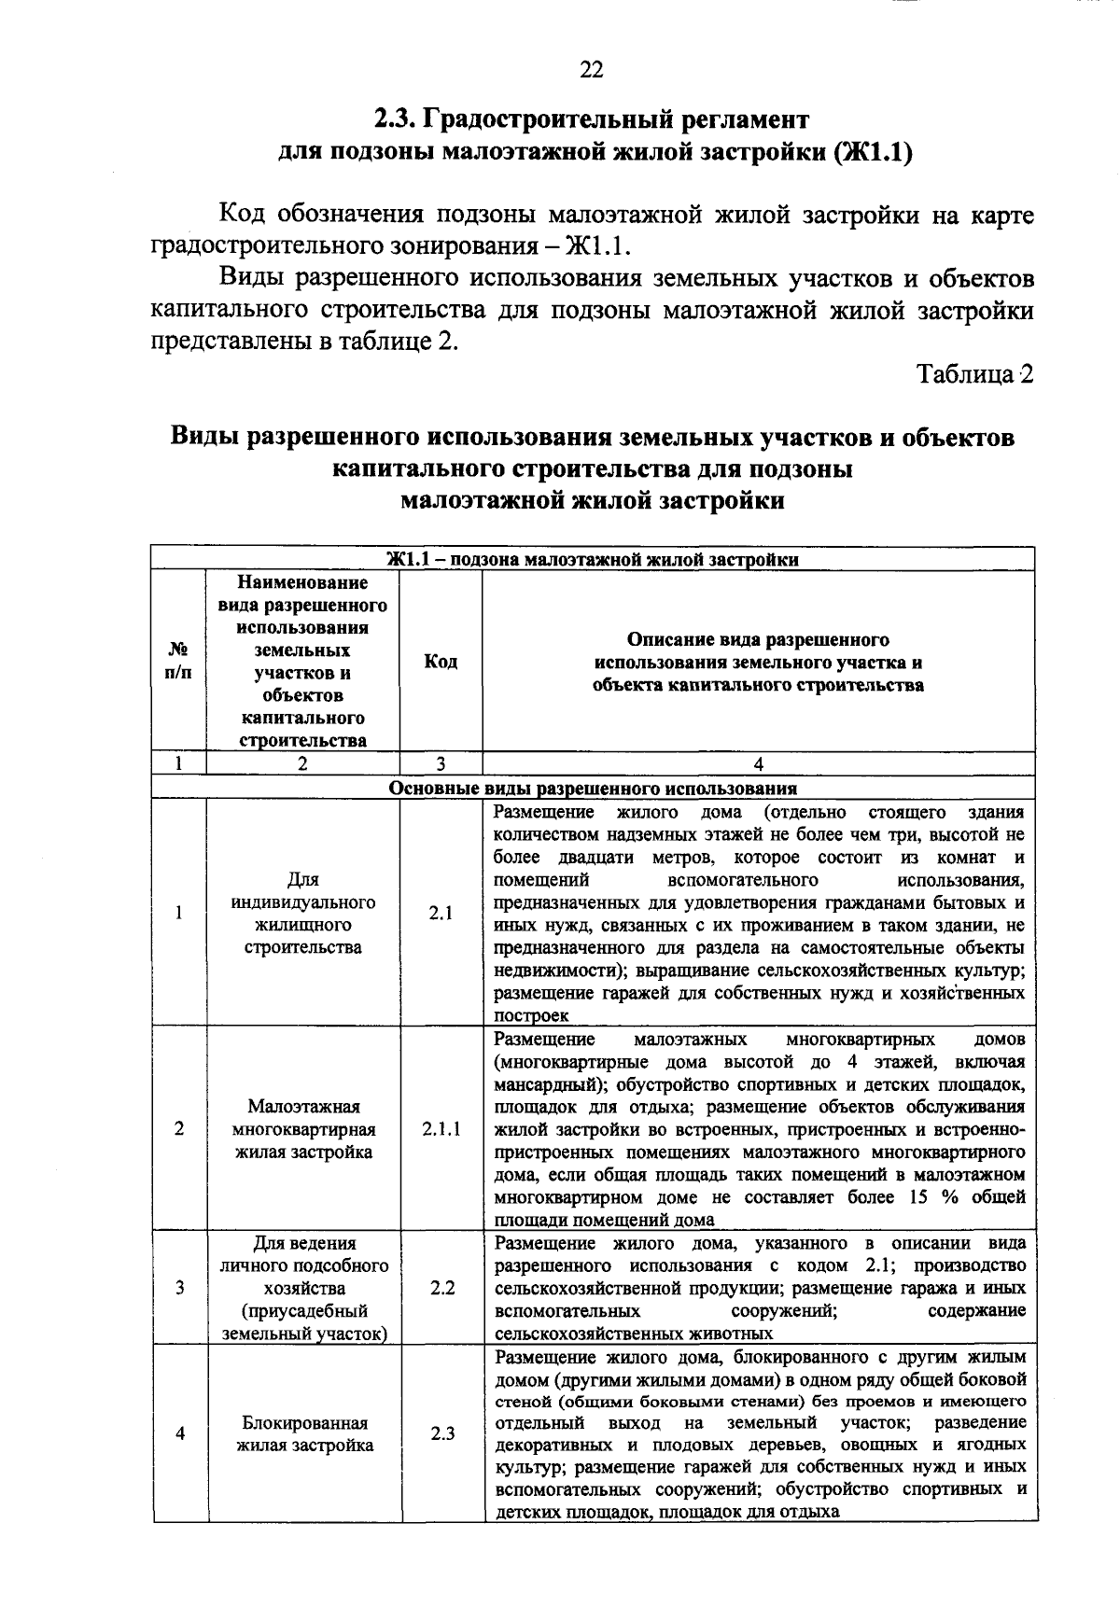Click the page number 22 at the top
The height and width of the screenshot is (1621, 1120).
(x=592, y=70)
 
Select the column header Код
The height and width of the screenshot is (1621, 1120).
(x=441, y=662)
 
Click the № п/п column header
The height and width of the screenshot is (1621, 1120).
(x=178, y=662)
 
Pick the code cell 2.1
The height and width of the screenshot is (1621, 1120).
(x=441, y=914)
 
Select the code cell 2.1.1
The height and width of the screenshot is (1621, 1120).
(x=441, y=1129)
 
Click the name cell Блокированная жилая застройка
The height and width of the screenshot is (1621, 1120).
(x=304, y=1434)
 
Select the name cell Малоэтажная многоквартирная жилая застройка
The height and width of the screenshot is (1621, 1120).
(x=303, y=1129)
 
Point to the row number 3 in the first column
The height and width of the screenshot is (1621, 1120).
(x=179, y=1289)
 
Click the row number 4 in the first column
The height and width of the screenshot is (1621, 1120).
(x=179, y=1433)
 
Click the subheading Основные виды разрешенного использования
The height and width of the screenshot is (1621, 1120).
(x=593, y=788)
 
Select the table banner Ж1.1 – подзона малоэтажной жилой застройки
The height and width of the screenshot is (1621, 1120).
(x=593, y=560)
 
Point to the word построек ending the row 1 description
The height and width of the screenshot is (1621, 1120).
(x=531, y=1015)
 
